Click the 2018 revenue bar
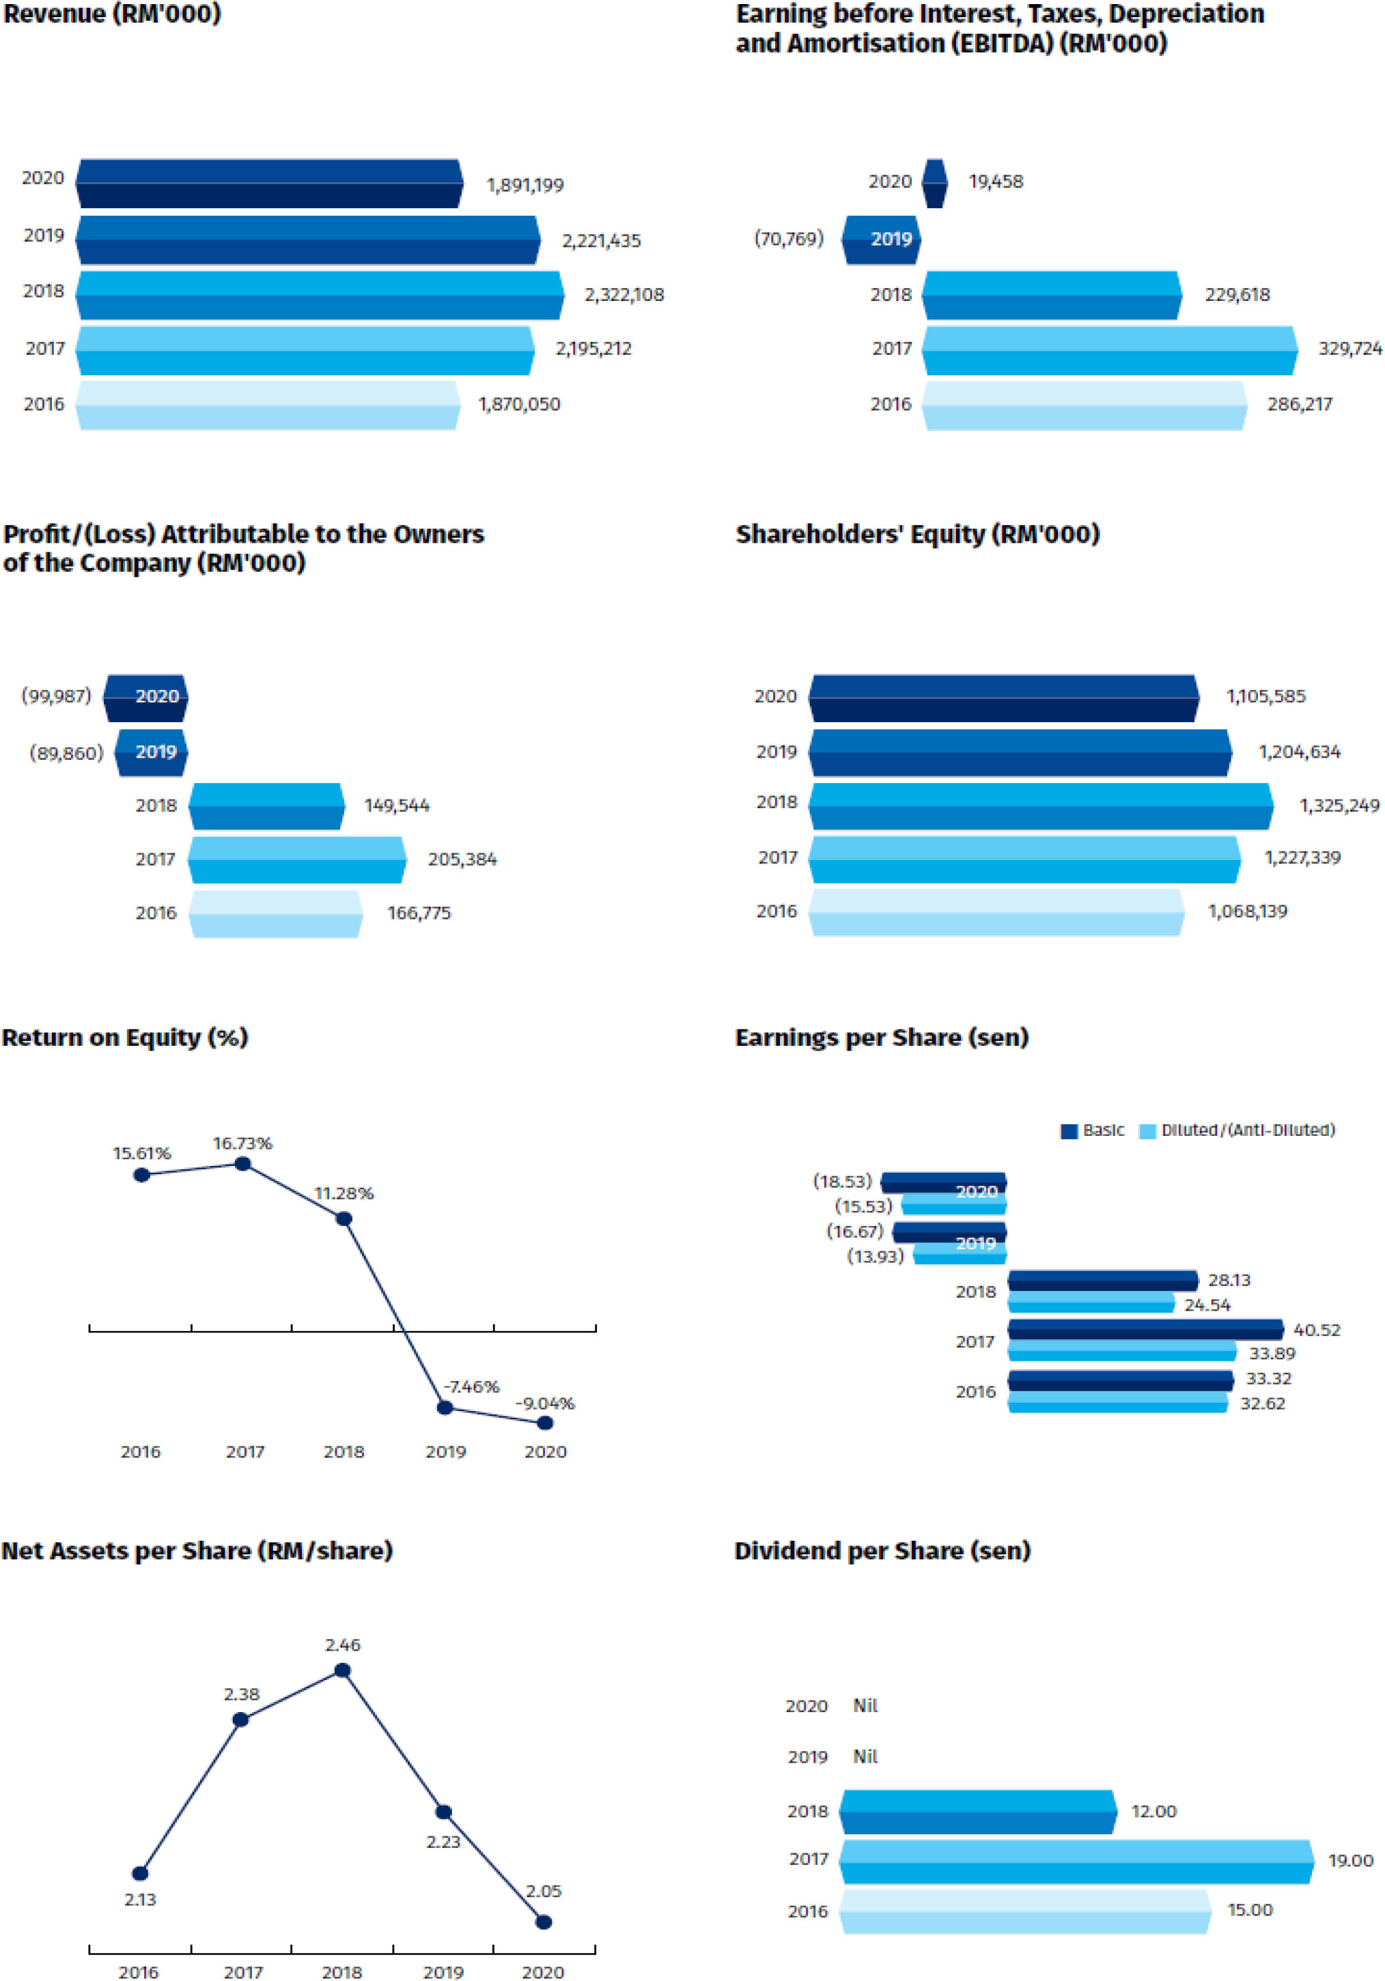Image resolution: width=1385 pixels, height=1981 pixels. pyautogui.click(x=320, y=295)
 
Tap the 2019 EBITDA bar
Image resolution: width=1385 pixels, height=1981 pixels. pyautogui.click(x=881, y=239)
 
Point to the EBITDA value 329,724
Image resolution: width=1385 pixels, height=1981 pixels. pyautogui.click(x=1349, y=349)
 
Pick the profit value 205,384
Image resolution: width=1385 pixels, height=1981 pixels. pyautogui.click(x=462, y=859)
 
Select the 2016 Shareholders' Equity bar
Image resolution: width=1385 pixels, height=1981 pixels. pyautogui.click(x=996, y=912)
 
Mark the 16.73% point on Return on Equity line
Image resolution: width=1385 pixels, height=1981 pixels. pyautogui.click(x=243, y=1164)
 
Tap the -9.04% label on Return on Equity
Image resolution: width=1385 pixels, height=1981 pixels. pyautogui.click(x=544, y=1403)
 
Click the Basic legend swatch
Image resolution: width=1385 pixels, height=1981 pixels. pyautogui.click(x=1069, y=1131)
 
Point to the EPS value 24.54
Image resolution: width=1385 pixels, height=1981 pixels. pyautogui.click(x=1207, y=1305)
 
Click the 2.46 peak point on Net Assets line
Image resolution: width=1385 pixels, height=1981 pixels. pyautogui.click(x=343, y=1670)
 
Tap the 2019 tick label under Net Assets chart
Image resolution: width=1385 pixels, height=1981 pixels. pyautogui.click(x=443, y=1971)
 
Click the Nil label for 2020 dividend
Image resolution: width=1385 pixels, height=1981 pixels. pyautogui.click(x=865, y=1706)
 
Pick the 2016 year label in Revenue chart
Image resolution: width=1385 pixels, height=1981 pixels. pyautogui.click(x=44, y=404)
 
